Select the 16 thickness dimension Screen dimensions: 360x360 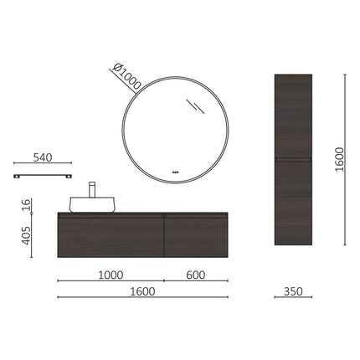(27, 203)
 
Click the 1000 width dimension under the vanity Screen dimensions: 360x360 (111, 275)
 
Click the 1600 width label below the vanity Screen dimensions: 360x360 (142, 291)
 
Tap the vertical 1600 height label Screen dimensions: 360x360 (337, 160)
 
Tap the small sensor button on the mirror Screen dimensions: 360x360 (176, 173)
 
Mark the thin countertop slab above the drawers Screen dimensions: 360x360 (142, 213)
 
